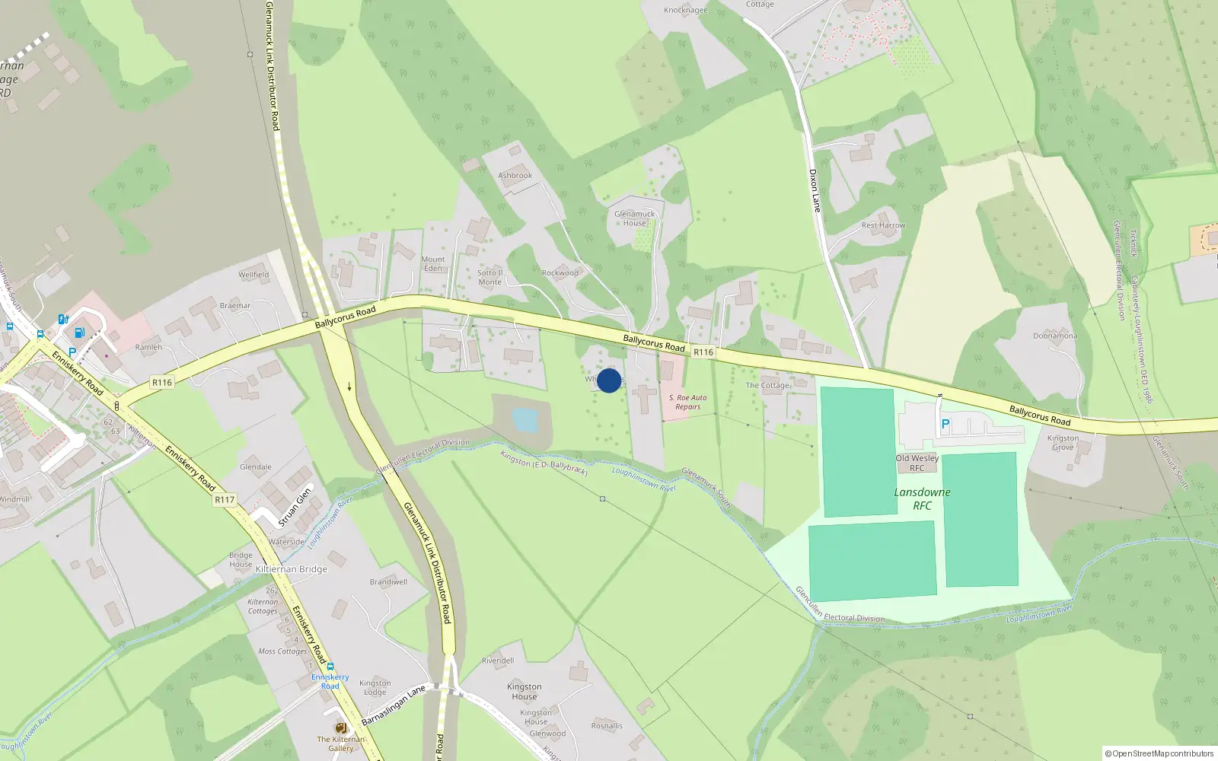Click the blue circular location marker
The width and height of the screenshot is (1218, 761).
(609, 380)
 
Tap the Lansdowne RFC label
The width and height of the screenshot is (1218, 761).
(922, 498)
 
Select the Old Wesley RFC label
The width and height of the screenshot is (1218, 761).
(917, 463)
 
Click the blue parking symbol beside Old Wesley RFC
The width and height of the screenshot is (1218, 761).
(945, 425)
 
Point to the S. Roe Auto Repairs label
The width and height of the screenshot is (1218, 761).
(687, 402)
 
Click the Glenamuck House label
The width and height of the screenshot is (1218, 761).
(634, 218)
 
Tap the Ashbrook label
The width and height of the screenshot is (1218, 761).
(515, 176)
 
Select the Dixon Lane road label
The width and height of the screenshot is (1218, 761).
(815, 190)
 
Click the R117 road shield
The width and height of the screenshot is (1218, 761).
(225, 500)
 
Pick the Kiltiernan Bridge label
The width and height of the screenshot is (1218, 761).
(291, 569)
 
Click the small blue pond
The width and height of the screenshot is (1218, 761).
(525, 419)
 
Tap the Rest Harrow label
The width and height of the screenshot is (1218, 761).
(883, 225)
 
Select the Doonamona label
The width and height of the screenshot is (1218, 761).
(1054, 336)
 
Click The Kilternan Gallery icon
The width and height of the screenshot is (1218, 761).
(340, 728)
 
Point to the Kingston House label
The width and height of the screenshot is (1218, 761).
(524, 691)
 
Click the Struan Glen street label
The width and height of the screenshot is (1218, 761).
(295, 507)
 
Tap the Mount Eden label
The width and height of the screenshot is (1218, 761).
(432, 263)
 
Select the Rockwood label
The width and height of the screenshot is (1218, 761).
(560, 273)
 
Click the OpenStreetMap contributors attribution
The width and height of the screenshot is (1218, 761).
(1159, 753)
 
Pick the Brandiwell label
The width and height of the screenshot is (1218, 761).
(388, 582)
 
